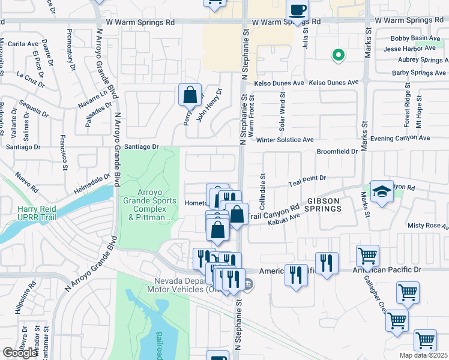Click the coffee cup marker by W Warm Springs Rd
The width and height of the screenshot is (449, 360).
point(298,10)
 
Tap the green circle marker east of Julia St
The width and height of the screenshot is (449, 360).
point(339,55)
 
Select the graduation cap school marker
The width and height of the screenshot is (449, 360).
point(382,191)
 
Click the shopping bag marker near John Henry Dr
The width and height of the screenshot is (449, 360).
point(190,95)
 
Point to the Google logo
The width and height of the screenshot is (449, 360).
point(20,353)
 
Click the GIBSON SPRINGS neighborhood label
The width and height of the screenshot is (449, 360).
point(316,204)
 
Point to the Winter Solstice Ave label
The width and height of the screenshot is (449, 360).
point(285,140)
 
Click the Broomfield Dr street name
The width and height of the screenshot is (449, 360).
point(337,151)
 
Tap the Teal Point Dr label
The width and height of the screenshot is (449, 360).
point(307,178)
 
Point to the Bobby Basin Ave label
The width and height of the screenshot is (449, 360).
point(415,38)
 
